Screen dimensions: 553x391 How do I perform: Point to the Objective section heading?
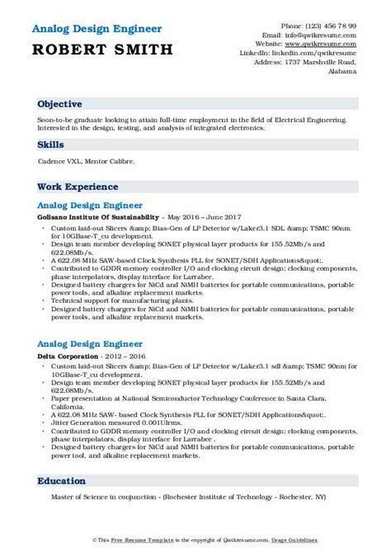click(x=59, y=106)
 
